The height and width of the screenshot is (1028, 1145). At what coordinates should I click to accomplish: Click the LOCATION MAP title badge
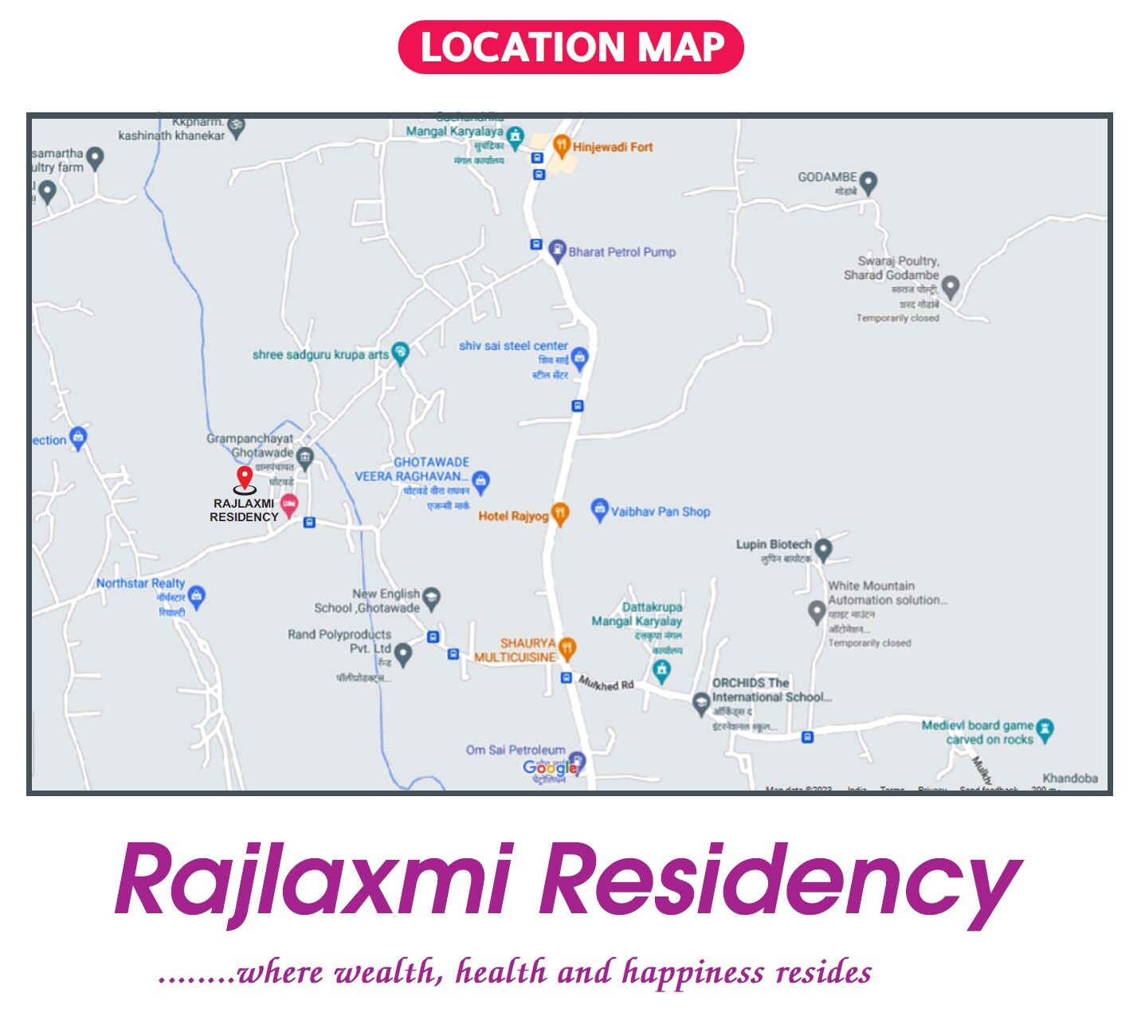coord(571,47)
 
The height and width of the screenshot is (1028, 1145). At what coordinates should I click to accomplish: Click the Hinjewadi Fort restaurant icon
coord(562,146)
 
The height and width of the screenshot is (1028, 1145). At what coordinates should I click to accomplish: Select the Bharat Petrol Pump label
coord(622,252)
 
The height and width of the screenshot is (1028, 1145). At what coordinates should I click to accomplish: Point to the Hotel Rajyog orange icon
coord(560,514)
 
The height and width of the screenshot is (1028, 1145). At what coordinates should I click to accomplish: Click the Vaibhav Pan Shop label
coord(660,512)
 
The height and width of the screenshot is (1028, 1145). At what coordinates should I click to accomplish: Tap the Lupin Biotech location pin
coord(823,549)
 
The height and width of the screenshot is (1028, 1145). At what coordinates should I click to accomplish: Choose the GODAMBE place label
coord(827,177)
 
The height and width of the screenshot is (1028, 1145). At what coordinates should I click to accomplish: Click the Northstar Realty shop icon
coord(197,596)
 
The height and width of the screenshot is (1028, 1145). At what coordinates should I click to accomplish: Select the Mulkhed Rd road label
coord(606,683)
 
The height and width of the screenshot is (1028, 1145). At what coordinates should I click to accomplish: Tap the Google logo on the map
coord(549,767)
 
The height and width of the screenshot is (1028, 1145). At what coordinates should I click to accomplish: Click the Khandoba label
coord(1069,778)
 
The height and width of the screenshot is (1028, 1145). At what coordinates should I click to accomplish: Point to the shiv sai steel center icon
coord(579,358)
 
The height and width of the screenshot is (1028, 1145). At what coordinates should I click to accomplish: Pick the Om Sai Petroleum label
coord(515,750)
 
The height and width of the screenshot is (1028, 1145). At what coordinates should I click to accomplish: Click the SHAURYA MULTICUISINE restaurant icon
coord(567,648)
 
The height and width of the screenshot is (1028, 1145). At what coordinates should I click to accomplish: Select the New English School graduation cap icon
coord(431,598)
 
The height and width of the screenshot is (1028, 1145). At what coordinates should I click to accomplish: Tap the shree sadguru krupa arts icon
coord(400,353)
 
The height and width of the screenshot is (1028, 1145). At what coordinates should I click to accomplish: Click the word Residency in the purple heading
coord(779,882)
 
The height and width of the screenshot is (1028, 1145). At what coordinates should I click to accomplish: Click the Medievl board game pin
coord(1045,728)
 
